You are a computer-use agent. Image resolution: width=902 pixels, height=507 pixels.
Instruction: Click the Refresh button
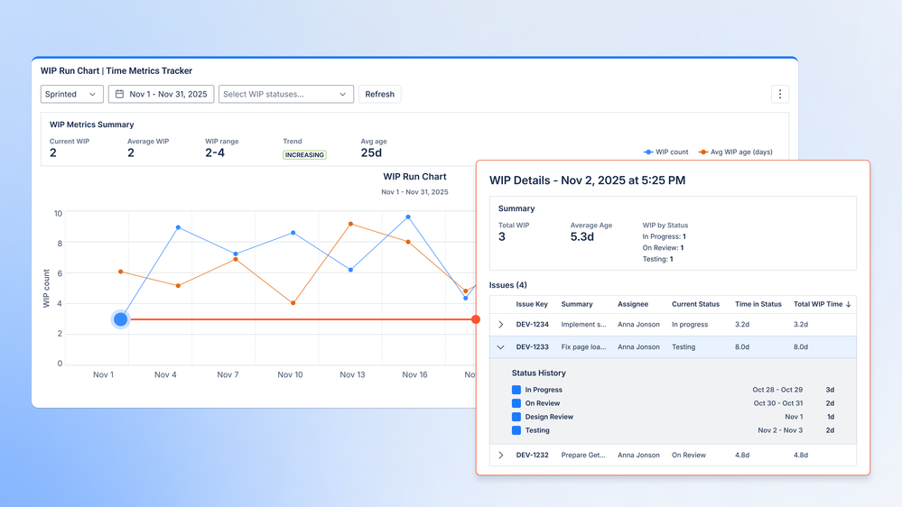pos(379,94)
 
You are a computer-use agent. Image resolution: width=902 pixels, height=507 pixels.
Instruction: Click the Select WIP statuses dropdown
pos(285,94)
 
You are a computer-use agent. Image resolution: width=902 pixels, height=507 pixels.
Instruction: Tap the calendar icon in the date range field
pos(119,94)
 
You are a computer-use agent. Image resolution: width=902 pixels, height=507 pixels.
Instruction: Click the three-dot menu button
pos(780,94)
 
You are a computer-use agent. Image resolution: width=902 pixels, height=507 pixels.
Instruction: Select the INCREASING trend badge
pos(304,155)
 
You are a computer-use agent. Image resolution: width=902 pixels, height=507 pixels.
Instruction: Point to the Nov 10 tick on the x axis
pos(290,374)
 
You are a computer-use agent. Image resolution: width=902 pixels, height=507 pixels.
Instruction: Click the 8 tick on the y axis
pos(59,244)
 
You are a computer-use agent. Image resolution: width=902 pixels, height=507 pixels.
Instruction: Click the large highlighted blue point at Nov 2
pos(121,319)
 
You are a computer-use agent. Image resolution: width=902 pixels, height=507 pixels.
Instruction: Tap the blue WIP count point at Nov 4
pos(178,227)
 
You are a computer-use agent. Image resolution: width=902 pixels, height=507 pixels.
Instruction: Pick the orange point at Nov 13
pos(350,224)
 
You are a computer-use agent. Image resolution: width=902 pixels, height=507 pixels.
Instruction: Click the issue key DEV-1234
pos(532,324)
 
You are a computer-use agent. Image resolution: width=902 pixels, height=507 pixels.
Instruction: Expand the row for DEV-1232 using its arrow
pos(501,456)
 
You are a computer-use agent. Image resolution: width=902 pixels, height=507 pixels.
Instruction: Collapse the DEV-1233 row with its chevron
pos(501,346)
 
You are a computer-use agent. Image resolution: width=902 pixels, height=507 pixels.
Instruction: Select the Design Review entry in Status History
pos(549,417)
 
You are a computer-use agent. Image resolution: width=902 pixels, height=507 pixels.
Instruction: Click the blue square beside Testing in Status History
pos(516,430)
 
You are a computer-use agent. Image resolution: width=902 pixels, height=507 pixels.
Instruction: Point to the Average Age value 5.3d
pos(581,237)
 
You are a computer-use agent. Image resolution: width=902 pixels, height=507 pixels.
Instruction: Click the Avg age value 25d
pos(371,153)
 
